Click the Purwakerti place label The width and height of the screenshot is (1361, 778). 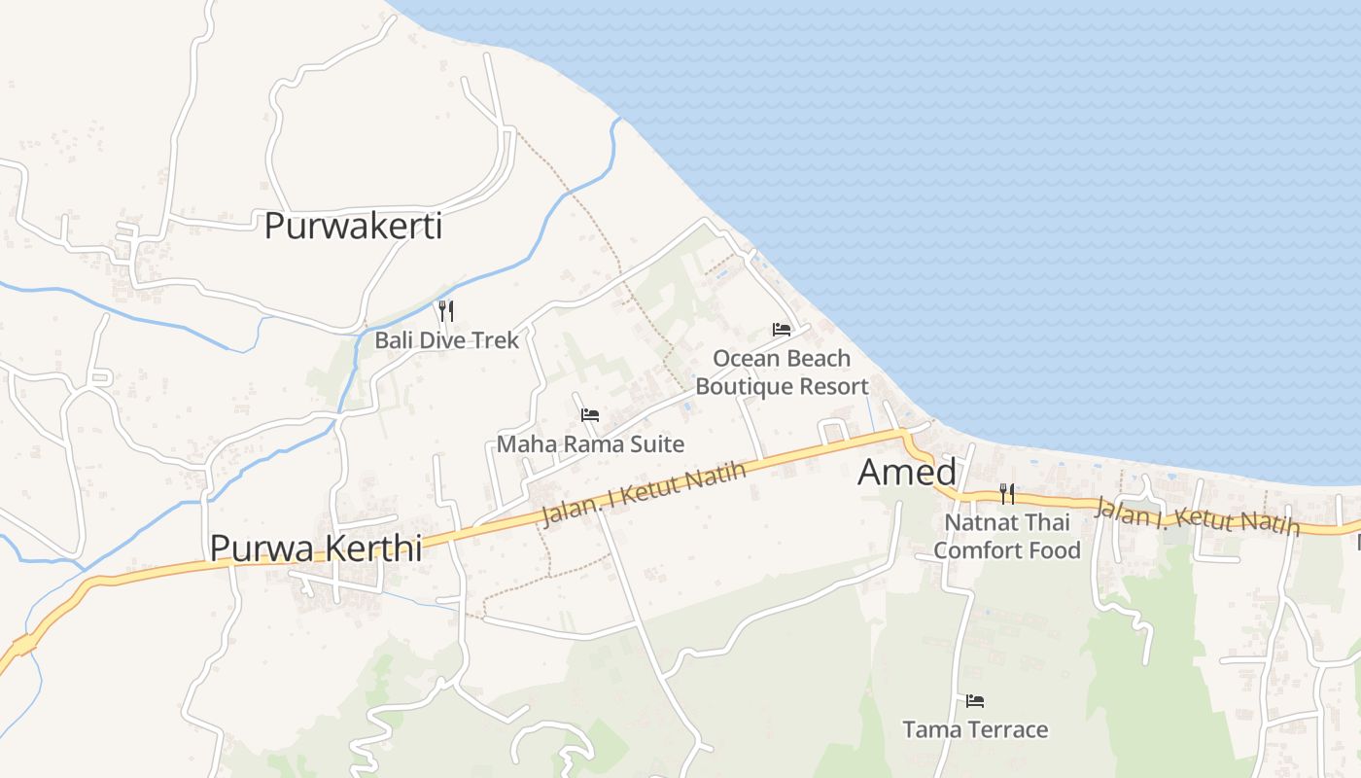pos(353,227)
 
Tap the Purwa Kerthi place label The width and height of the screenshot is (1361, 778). pos(316,548)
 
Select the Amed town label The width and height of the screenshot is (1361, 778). pos(906,473)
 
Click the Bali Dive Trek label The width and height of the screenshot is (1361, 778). pos(447,340)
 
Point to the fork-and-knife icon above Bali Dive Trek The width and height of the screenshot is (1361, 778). pos(446,311)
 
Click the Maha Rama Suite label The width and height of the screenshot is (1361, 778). pos(590,444)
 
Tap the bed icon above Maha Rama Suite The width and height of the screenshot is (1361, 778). pos(589,415)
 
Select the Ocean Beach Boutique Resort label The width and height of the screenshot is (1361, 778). pos(782,372)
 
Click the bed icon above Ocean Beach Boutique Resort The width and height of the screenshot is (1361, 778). pos(781,330)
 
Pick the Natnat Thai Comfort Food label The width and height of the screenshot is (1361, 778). pos(1007,536)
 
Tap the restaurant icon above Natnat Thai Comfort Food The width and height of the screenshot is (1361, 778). pos(1007,494)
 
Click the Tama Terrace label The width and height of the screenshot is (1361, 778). pos(975,729)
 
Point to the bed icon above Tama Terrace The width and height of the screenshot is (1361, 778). pos(975,700)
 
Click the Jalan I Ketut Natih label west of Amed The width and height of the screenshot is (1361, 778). pos(644,493)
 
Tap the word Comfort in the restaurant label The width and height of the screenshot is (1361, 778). pos(972,550)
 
